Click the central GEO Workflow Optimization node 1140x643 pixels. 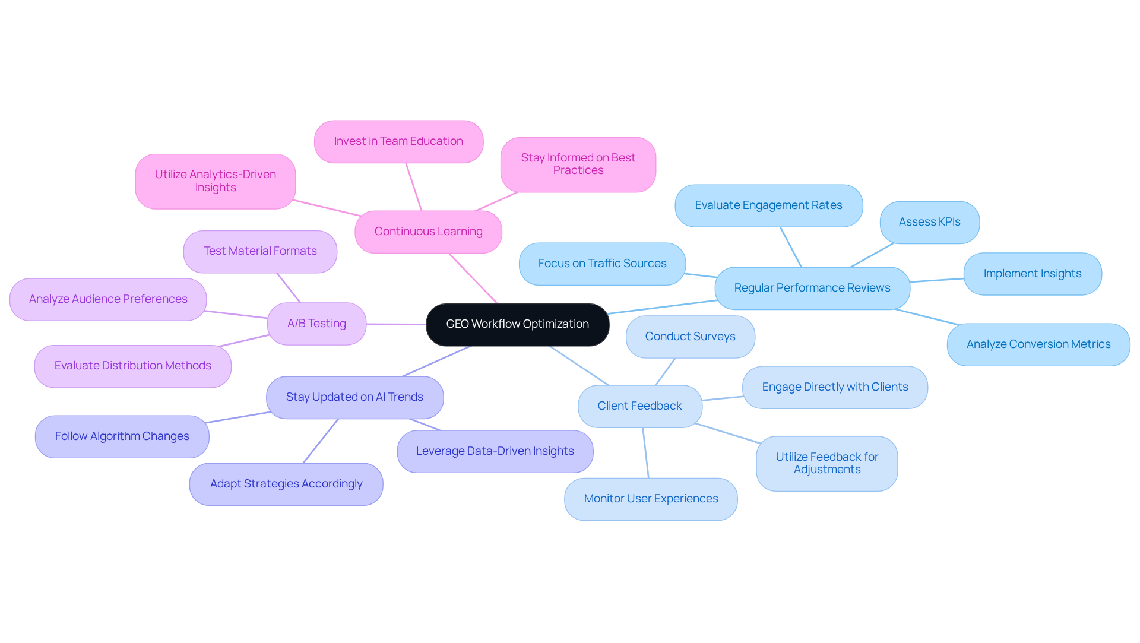(x=517, y=324)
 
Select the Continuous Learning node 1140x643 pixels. (x=428, y=232)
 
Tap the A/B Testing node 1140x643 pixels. (x=316, y=324)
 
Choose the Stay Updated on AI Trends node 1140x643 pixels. (x=354, y=397)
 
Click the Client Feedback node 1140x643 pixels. (x=639, y=406)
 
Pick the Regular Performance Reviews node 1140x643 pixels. (x=812, y=288)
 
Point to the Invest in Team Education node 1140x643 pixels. (x=398, y=141)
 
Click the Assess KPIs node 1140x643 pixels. (x=929, y=222)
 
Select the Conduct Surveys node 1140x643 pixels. (x=690, y=337)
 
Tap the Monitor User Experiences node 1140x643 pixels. (x=651, y=499)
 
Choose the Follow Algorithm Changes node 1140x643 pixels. (x=122, y=436)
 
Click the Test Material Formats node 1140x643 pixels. (x=260, y=251)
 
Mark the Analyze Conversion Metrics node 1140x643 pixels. (x=1038, y=344)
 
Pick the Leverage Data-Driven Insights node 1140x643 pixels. (x=495, y=451)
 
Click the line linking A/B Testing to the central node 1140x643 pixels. (x=396, y=324)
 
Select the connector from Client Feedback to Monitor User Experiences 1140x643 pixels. (x=645, y=452)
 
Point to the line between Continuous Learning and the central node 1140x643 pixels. (x=473, y=278)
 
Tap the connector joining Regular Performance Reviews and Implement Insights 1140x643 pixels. (x=937, y=280)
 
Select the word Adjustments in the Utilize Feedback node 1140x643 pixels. (x=827, y=470)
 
